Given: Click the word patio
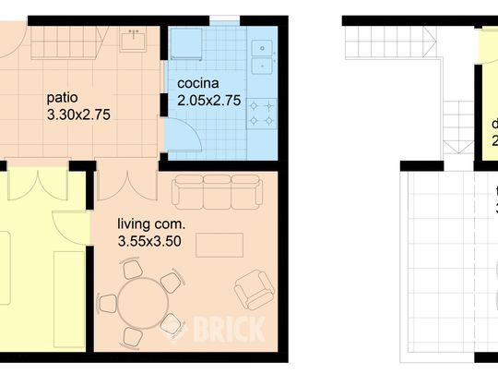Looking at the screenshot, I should (x=63, y=96).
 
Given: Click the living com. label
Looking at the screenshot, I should (x=151, y=223).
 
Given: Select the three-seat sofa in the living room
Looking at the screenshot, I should (x=216, y=189).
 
